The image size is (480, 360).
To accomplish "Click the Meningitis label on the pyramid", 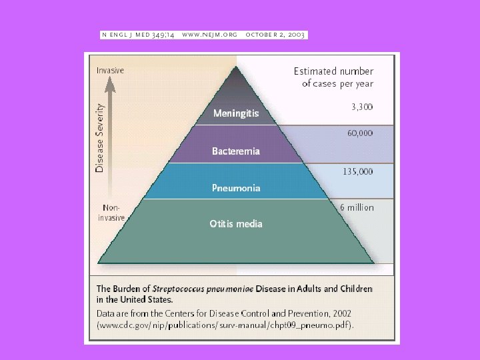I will point(236,113).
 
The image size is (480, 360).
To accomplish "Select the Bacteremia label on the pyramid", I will point(236,151).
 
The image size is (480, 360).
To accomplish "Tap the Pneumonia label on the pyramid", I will point(236,188).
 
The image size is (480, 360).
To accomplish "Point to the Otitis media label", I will point(236,224).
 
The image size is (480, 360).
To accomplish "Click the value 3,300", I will point(362,107).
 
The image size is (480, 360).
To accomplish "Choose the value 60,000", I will point(360,133).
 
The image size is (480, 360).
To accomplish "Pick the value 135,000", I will point(358,171).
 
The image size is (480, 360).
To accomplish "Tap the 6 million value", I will point(357,207).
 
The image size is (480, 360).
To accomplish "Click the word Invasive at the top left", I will point(110,69).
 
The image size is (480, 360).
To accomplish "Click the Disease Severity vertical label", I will point(100,138).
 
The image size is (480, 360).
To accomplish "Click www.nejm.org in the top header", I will point(210,34).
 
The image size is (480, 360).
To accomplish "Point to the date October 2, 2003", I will point(275,34).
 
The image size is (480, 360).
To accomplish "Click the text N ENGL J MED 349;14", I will point(138,34).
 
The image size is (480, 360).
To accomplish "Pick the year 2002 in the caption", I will point(340,313).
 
